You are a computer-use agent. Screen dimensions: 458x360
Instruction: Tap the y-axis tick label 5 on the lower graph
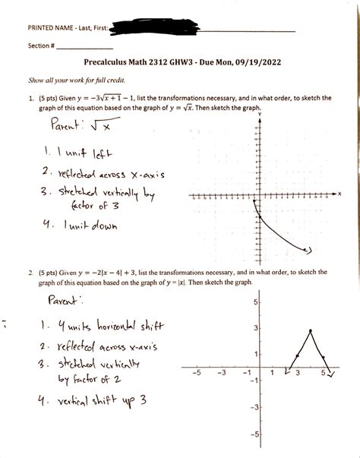(257, 302)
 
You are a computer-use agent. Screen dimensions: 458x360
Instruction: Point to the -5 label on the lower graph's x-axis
(195, 374)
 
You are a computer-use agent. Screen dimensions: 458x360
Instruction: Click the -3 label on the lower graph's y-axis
(255, 408)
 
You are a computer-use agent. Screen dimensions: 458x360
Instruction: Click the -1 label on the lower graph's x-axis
(245, 374)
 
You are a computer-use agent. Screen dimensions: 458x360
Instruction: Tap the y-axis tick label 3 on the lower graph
(257, 328)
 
